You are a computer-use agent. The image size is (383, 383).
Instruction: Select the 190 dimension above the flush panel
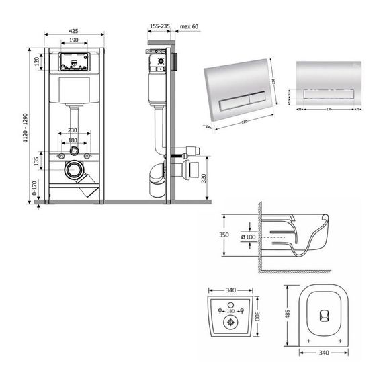click(73, 40)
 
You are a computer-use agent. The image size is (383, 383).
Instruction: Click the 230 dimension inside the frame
click(73, 130)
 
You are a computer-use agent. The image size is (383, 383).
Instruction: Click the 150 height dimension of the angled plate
click(274, 79)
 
